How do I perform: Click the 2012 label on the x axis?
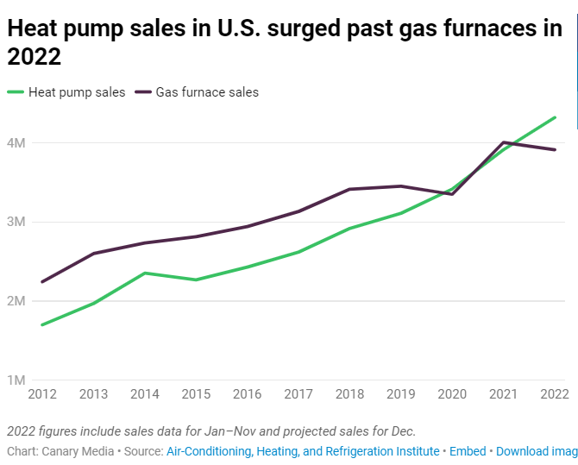(x=42, y=394)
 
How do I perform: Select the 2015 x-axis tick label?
(x=196, y=394)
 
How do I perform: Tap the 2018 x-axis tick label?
(x=349, y=394)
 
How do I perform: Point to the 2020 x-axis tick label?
(x=452, y=394)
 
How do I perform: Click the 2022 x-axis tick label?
(x=554, y=394)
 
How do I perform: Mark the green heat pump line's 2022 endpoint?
(x=555, y=117)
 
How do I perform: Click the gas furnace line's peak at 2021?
(x=504, y=142)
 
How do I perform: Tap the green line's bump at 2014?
(x=145, y=273)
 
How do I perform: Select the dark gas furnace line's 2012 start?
(x=42, y=281)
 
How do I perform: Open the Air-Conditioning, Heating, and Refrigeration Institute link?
(x=302, y=451)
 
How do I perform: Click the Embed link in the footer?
(x=468, y=451)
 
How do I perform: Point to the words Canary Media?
(x=77, y=451)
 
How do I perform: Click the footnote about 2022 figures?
(x=211, y=430)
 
